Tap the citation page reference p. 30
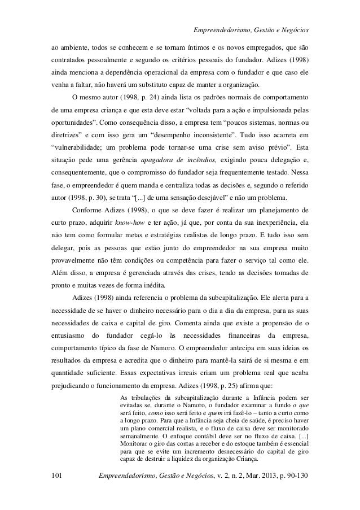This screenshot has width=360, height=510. tap(89, 197)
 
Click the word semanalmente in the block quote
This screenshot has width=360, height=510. tap(140, 437)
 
